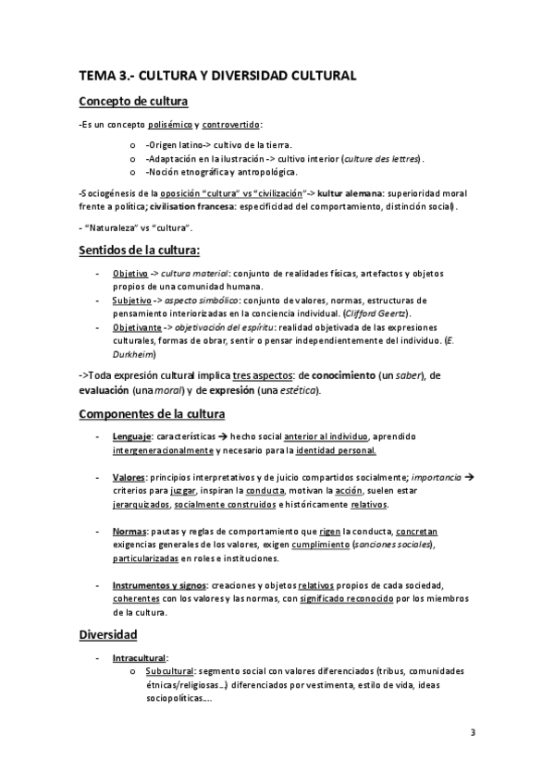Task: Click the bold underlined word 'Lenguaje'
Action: (132, 435)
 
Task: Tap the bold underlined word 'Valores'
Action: (130, 477)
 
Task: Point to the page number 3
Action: (472, 734)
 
